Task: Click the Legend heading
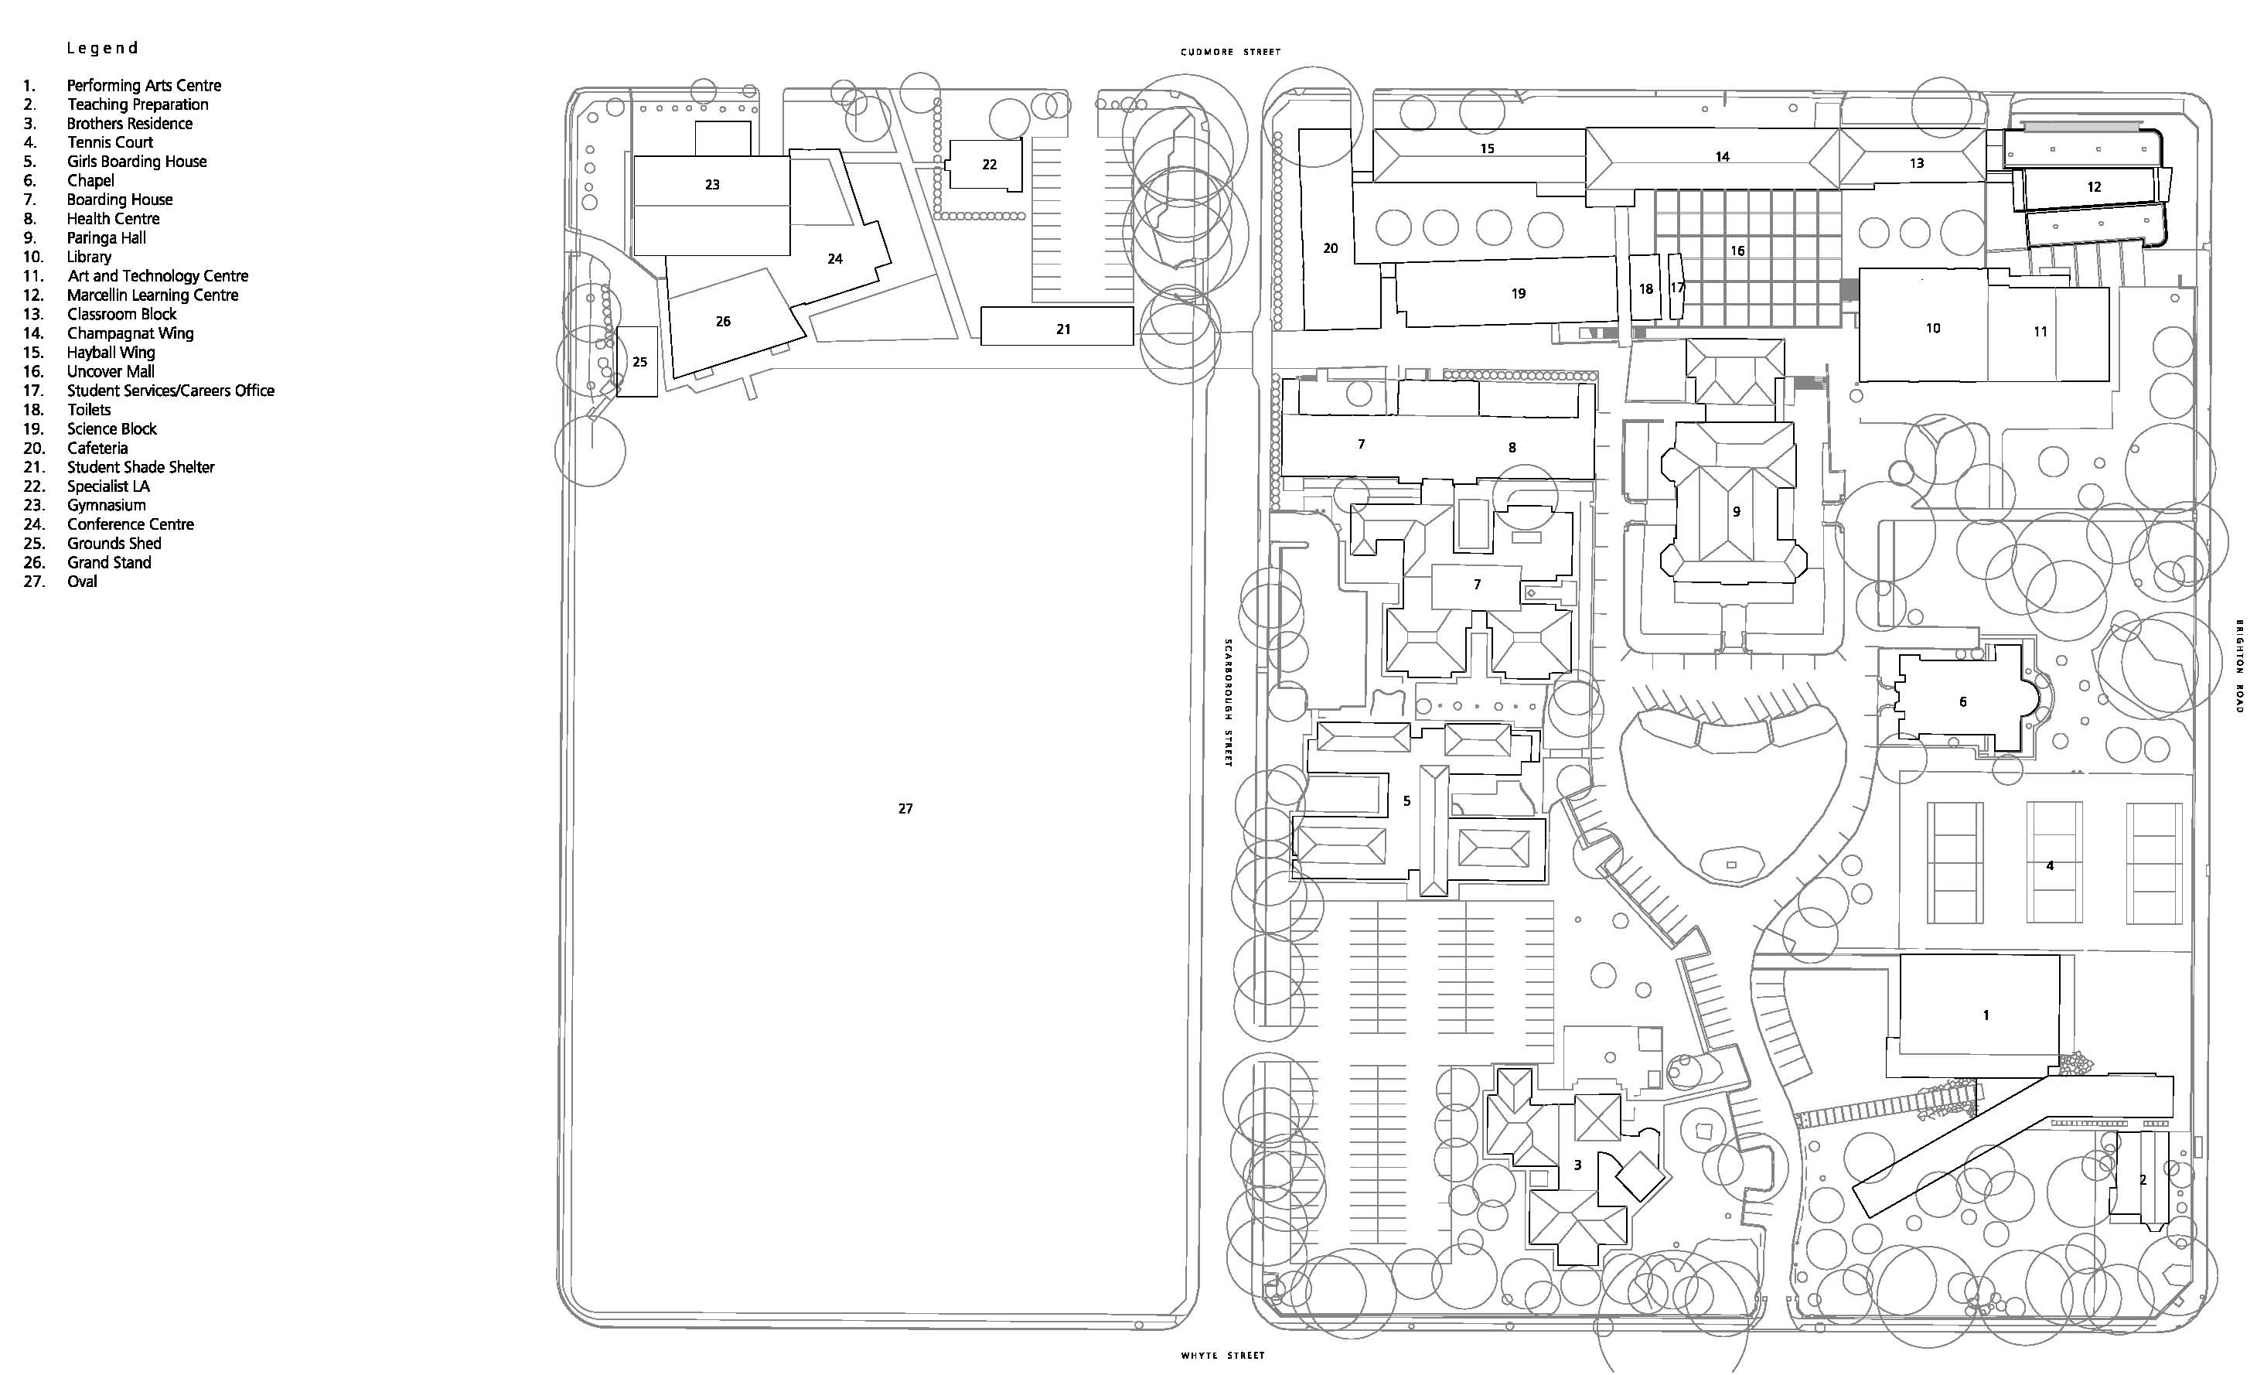click(103, 48)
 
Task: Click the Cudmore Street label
click(1230, 53)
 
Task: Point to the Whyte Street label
click(1223, 1355)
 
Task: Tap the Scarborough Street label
click(1229, 703)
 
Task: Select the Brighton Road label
click(2239, 666)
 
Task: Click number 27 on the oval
click(905, 808)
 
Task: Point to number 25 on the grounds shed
click(639, 362)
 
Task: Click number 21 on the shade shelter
click(1062, 329)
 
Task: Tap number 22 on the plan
click(989, 164)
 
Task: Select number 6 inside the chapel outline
click(1963, 701)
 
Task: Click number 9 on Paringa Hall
click(1736, 511)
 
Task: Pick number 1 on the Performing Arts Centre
click(1986, 1014)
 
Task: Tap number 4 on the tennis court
click(2050, 865)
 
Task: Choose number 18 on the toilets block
click(1646, 288)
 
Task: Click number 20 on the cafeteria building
click(1331, 247)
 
